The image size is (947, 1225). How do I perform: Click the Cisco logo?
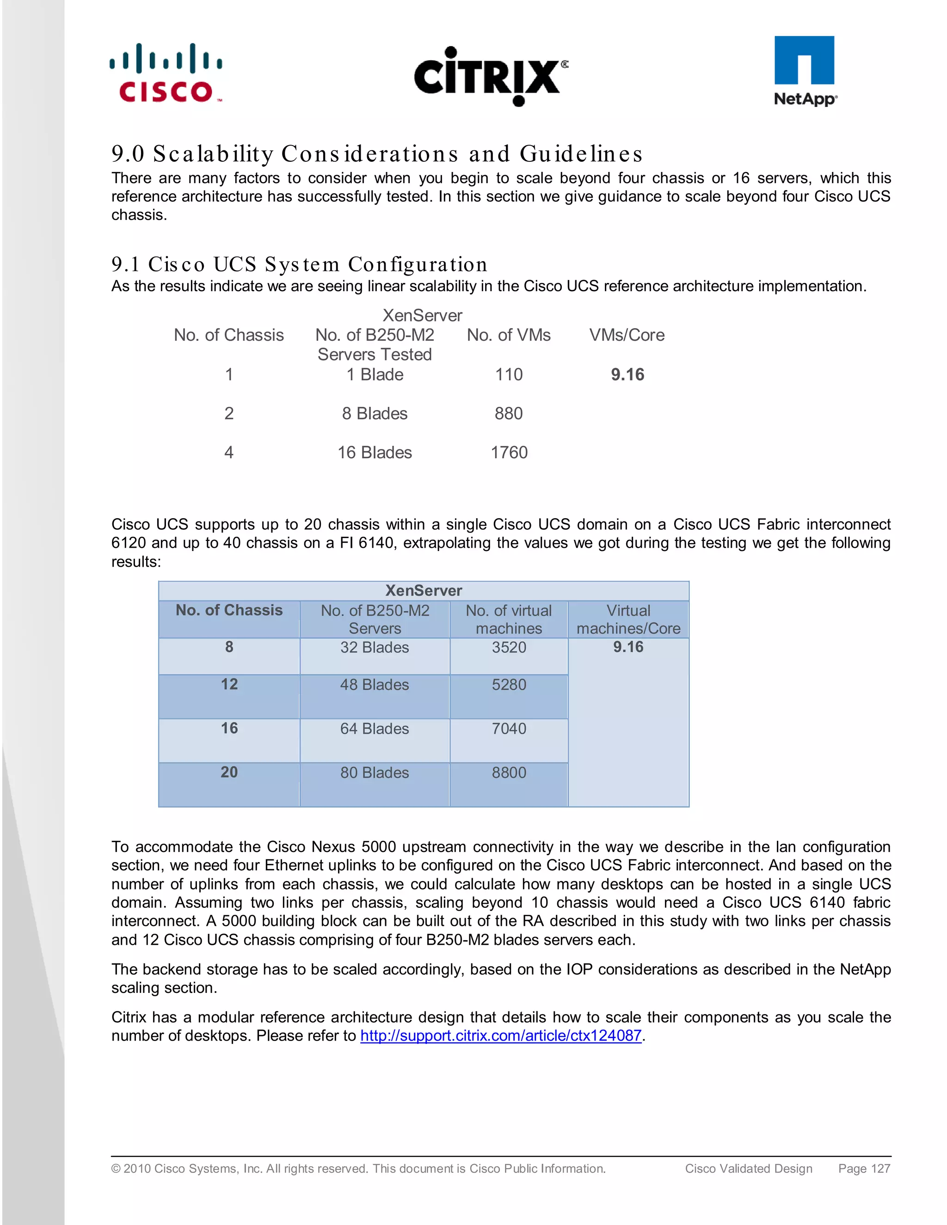(166, 73)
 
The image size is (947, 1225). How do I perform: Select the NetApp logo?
(805, 71)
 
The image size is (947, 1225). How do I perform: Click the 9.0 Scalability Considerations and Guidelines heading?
(376, 153)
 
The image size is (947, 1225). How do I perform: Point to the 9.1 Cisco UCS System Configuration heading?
(299, 264)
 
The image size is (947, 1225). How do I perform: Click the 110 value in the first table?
(509, 375)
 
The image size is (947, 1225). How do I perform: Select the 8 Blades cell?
(375, 413)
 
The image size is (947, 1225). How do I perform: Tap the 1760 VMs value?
(509, 453)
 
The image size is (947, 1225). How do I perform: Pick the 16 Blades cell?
(375, 453)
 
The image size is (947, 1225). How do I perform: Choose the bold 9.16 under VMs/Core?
(627, 375)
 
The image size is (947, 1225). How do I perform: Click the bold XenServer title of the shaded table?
(424, 591)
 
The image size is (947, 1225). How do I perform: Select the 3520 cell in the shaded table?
(509, 647)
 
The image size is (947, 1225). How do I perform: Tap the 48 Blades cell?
(375, 685)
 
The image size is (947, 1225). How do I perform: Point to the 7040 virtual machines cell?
(509, 729)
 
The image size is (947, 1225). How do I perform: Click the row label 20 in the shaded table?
(229, 772)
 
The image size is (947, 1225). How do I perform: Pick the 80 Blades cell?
(375, 773)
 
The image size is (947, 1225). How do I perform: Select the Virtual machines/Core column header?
(628, 619)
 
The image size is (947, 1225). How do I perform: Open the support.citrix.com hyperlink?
(500, 1035)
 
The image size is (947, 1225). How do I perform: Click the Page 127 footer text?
(864, 1168)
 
